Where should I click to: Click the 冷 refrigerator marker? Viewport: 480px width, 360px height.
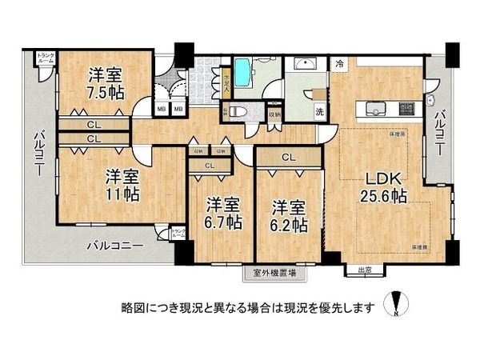pyautogui.click(x=340, y=63)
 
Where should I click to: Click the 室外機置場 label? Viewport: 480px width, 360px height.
pyautogui.click(x=274, y=273)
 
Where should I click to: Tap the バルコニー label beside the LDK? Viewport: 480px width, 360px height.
pyautogui.click(x=439, y=133)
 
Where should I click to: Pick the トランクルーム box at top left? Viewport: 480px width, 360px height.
pyautogui.click(x=46, y=58)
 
